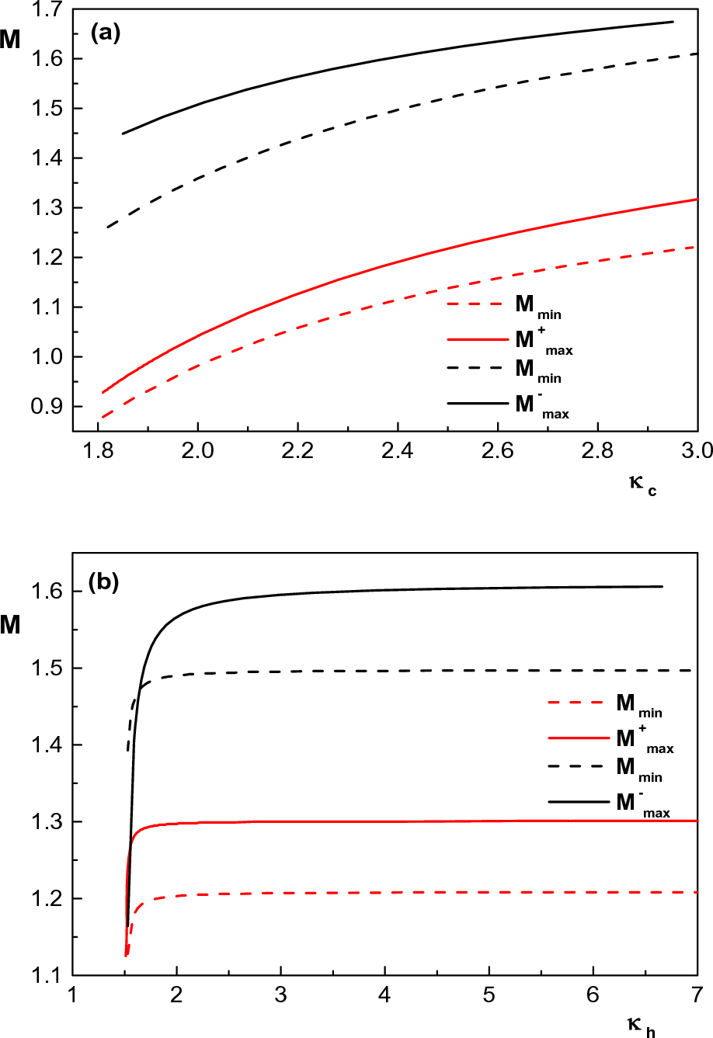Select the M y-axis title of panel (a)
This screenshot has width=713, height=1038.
pyautogui.click(x=11, y=40)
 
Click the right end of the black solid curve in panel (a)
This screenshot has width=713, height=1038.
pyautogui.click(x=673, y=22)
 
